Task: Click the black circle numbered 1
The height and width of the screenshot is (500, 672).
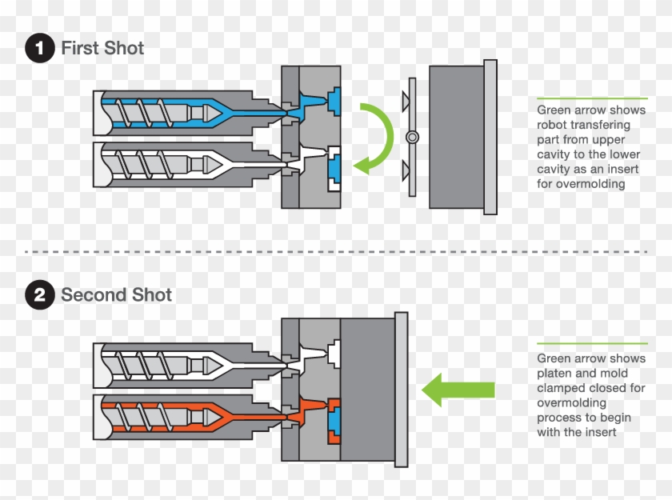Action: (39, 48)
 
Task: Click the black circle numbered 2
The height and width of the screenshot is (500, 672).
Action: (39, 295)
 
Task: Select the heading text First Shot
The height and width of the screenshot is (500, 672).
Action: (102, 48)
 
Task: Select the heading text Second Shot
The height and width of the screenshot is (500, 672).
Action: (117, 295)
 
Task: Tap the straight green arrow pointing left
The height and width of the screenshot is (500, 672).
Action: (458, 390)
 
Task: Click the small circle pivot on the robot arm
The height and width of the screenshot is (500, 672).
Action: (412, 137)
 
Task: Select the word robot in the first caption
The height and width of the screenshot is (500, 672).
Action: (553, 125)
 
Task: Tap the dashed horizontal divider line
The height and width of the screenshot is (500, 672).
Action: (336, 252)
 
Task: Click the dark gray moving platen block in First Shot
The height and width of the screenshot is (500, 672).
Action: (456, 137)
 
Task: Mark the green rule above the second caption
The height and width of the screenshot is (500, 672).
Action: (592, 344)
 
